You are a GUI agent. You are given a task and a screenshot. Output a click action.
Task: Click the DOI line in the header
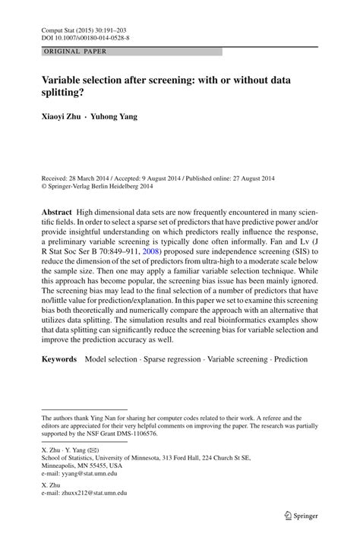[x=84, y=36]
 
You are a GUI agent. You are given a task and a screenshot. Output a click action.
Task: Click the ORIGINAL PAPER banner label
[x=75, y=51]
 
